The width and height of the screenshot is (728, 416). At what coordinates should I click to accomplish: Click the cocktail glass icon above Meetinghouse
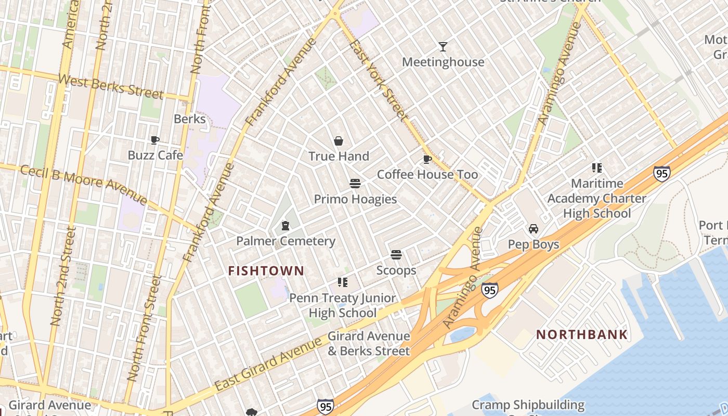click(x=443, y=47)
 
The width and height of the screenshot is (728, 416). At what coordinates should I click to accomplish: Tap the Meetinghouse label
click(x=443, y=62)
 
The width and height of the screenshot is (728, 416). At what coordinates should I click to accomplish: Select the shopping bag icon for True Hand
click(x=339, y=141)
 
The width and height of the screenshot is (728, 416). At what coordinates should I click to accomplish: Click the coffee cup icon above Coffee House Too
click(x=427, y=159)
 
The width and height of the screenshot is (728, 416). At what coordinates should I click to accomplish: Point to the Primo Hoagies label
click(x=355, y=199)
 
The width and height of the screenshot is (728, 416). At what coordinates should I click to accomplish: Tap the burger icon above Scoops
click(x=396, y=255)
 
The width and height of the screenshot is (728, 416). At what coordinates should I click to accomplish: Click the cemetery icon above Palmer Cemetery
click(x=285, y=226)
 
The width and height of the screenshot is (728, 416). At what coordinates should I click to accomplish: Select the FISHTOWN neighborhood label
click(x=266, y=271)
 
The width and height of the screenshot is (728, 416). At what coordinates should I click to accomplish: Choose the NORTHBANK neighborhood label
click(x=582, y=334)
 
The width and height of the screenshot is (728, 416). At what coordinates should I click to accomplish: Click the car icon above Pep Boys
click(x=534, y=229)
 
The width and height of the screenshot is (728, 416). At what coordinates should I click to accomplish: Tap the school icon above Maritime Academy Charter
click(x=596, y=168)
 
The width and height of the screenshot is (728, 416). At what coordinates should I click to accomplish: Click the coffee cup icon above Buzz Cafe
click(x=155, y=140)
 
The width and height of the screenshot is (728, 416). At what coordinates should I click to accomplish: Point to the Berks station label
click(x=190, y=119)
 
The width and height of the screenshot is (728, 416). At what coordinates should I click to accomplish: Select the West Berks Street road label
click(x=111, y=87)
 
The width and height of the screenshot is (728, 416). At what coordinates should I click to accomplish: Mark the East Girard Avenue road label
click(x=268, y=364)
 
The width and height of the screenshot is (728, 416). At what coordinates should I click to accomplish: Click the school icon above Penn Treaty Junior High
click(x=342, y=282)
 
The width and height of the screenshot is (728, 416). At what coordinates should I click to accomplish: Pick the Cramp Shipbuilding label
click(x=528, y=405)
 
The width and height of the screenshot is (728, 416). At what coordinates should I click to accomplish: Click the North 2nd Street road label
click(x=63, y=276)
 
